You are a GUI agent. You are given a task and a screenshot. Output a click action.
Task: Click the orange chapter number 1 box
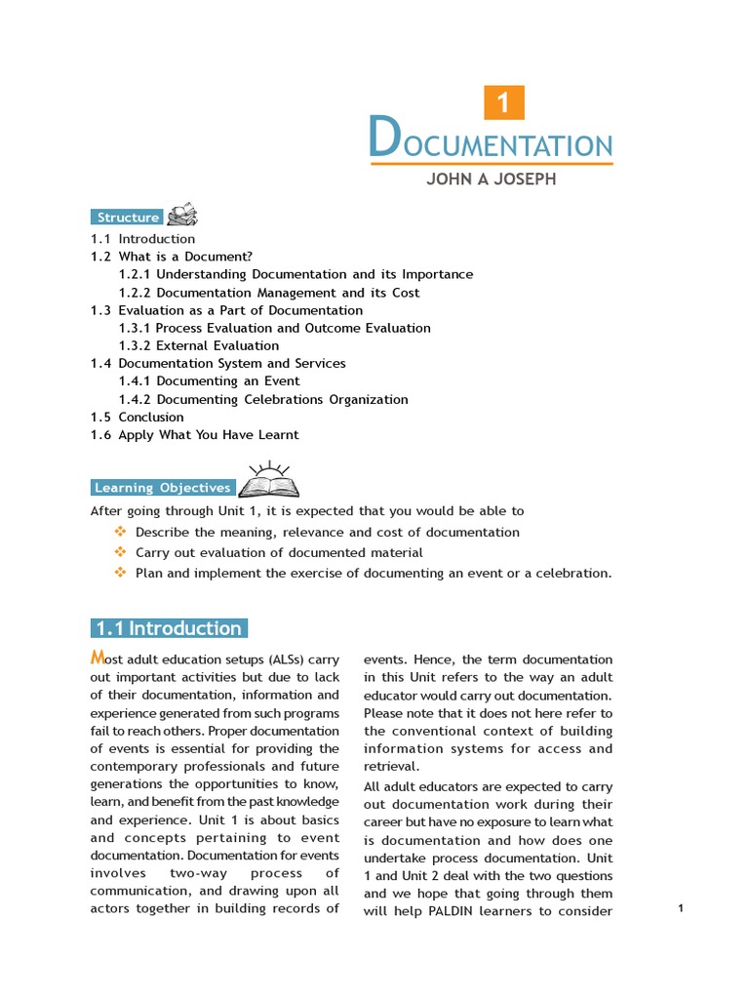pyautogui.click(x=504, y=103)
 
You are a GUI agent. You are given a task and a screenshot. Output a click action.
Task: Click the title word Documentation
pyautogui.click(x=492, y=140)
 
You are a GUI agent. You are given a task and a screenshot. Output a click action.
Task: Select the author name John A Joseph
pyautogui.click(x=491, y=180)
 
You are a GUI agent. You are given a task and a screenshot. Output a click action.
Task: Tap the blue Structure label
pyautogui.click(x=128, y=218)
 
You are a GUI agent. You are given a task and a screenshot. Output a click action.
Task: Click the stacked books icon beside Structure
pyautogui.click(x=182, y=215)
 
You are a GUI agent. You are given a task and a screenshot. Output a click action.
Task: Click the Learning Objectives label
pyautogui.click(x=163, y=488)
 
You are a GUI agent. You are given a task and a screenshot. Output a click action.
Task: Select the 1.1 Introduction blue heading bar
pyautogui.click(x=170, y=628)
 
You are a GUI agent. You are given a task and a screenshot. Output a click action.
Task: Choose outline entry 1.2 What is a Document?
pyautogui.click(x=172, y=257)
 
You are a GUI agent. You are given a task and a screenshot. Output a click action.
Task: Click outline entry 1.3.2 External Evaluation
pyautogui.click(x=199, y=345)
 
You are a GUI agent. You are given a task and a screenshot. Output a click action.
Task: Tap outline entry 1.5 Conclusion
pyautogui.click(x=138, y=417)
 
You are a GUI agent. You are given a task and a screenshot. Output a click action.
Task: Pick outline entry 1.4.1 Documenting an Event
pyautogui.click(x=209, y=380)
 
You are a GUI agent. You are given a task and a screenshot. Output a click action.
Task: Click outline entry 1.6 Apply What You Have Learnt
pyautogui.click(x=195, y=434)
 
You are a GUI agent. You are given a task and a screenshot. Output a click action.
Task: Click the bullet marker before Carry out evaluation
pyautogui.click(x=121, y=552)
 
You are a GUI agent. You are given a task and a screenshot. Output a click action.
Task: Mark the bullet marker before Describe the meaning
pyautogui.click(x=121, y=532)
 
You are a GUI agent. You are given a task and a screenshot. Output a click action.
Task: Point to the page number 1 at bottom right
pyautogui.click(x=680, y=908)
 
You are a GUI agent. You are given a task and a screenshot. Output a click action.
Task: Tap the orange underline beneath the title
pyautogui.click(x=492, y=164)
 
